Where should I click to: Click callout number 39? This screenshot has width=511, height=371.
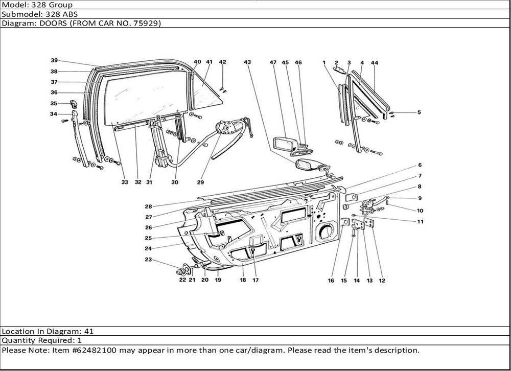click(x=54, y=60)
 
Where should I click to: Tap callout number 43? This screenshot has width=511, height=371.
click(x=247, y=62)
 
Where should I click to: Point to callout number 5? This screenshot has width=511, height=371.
click(x=419, y=112)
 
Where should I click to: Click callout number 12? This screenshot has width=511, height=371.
click(x=382, y=281)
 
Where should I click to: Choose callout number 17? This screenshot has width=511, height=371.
click(x=255, y=280)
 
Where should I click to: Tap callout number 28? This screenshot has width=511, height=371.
click(x=148, y=206)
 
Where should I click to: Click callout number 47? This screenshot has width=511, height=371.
click(x=273, y=62)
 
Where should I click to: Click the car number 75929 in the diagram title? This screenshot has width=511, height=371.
click(x=145, y=24)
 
